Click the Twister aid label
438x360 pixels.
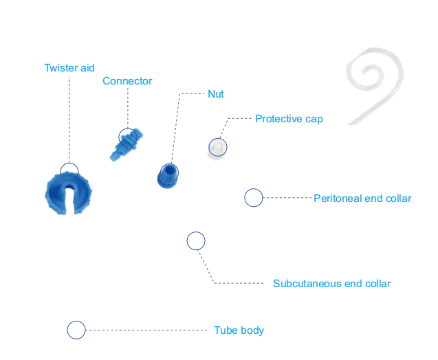(x=69, y=68)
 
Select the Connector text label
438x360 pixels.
(x=127, y=81)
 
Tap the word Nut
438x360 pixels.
(x=216, y=94)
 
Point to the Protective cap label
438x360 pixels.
(x=289, y=119)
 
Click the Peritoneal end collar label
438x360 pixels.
(x=362, y=199)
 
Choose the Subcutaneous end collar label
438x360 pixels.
(x=332, y=284)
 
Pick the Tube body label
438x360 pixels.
(x=239, y=330)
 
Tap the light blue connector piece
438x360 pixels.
(x=126, y=144)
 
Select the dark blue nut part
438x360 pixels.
(x=167, y=177)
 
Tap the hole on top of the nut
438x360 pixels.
(x=169, y=170)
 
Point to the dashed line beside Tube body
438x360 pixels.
(x=146, y=330)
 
